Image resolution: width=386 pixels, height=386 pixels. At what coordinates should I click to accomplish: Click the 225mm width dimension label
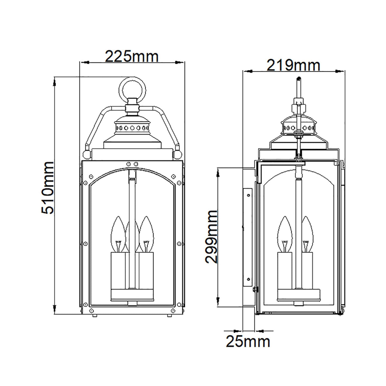pos(132,57)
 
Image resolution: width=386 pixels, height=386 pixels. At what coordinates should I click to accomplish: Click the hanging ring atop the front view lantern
pos(133,88)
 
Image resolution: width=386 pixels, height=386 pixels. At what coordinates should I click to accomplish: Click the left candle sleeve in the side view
pos(285,265)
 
